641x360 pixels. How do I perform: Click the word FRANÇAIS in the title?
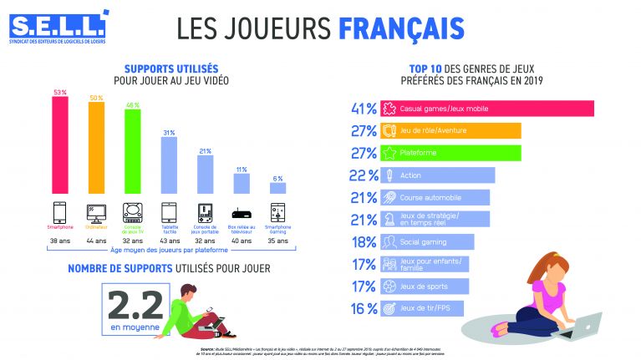click(x=400, y=28)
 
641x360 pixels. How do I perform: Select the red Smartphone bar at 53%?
click(x=60, y=144)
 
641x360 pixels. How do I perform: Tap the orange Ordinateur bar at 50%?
click(x=96, y=146)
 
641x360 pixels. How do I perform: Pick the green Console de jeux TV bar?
click(x=132, y=150)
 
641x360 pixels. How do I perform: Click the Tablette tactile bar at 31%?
click(x=168, y=165)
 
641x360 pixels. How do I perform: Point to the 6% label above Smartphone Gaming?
click(x=277, y=179)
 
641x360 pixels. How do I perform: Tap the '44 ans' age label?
click(x=96, y=241)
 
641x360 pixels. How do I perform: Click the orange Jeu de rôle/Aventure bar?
click(x=450, y=130)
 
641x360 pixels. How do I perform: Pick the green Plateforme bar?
click(x=450, y=153)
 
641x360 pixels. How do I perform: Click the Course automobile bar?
click(x=435, y=198)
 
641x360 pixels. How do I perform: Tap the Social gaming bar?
click(x=427, y=242)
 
